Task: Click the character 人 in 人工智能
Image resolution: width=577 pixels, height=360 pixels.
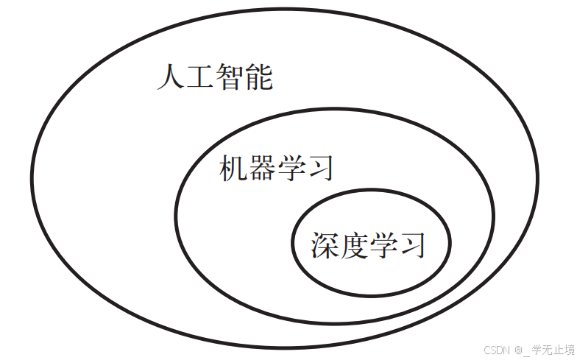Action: (x=171, y=77)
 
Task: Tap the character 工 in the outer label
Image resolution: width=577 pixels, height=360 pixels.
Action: (x=199, y=77)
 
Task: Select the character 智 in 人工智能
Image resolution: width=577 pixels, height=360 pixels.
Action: (x=229, y=77)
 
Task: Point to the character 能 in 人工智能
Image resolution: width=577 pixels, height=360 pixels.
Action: (x=258, y=77)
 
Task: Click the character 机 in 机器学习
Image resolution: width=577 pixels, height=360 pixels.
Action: (x=233, y=168)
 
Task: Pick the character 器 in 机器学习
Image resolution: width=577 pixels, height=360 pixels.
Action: (x=262, y=168)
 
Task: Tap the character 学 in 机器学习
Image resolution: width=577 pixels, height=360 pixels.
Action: (x=291, y=168)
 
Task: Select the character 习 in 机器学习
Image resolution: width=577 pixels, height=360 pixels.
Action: (x=321, y=168)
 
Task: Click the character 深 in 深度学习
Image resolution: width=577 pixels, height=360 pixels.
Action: (x=325, y=244)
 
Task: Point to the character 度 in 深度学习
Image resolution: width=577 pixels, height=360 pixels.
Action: (x=354, y=244)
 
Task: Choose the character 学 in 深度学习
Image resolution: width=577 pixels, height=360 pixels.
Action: (x=383, y=244)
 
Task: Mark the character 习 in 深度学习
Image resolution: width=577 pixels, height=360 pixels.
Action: (x=412, y=244)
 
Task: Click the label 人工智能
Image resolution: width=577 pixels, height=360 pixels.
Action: (x=214, y=77)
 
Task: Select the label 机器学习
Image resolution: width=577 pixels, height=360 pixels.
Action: (x=277, y=168)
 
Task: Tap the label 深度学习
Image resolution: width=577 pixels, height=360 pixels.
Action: (x=369, y=244)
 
